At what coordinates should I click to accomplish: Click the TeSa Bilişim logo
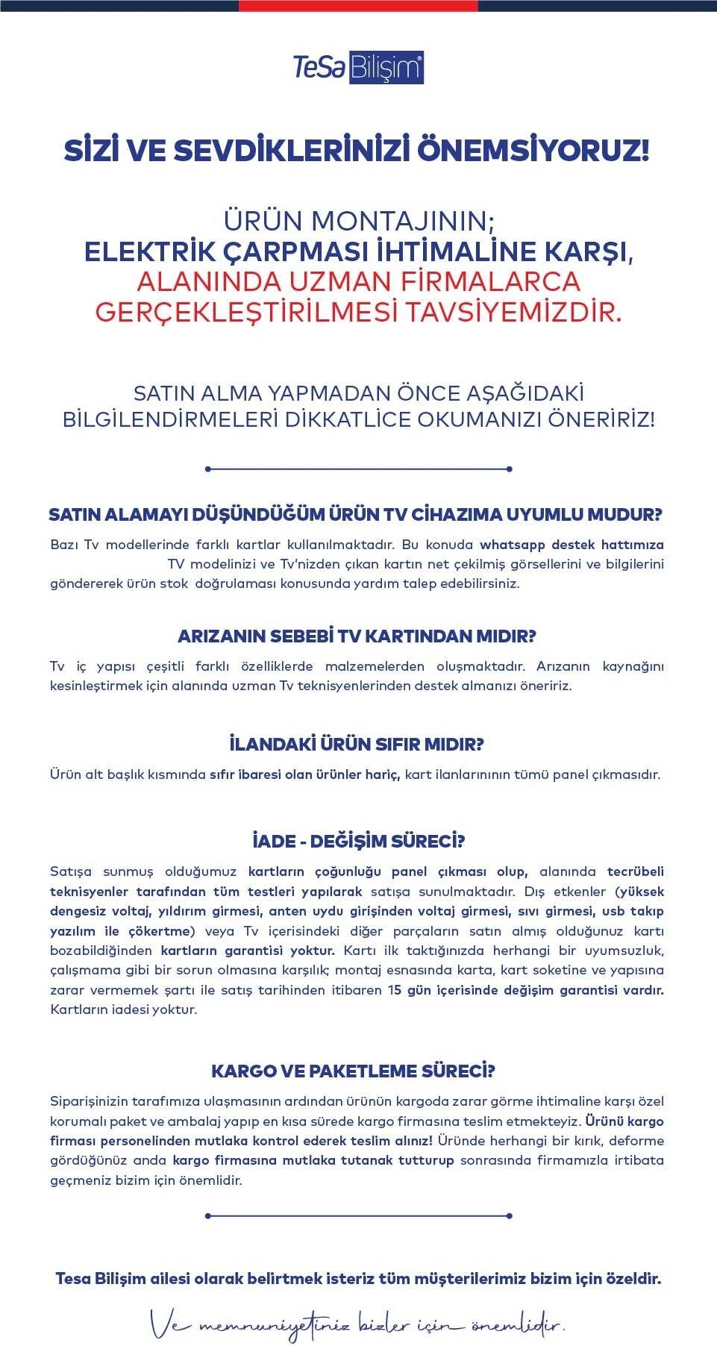point(358,68)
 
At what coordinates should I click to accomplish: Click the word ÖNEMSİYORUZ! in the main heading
point(533,151)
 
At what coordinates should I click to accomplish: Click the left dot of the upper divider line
point(208,469)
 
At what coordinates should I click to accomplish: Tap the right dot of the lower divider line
point(509,1215)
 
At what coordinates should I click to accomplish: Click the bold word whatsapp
point(512,545)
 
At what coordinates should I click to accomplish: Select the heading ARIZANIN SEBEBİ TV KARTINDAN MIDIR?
point(357,636)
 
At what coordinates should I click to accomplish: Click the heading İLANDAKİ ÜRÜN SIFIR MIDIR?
point(357,744)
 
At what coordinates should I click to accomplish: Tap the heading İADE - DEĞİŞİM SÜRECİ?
point(358,841)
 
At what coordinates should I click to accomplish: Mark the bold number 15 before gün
point(395,990)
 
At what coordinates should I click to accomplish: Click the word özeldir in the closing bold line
point(634,1279)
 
